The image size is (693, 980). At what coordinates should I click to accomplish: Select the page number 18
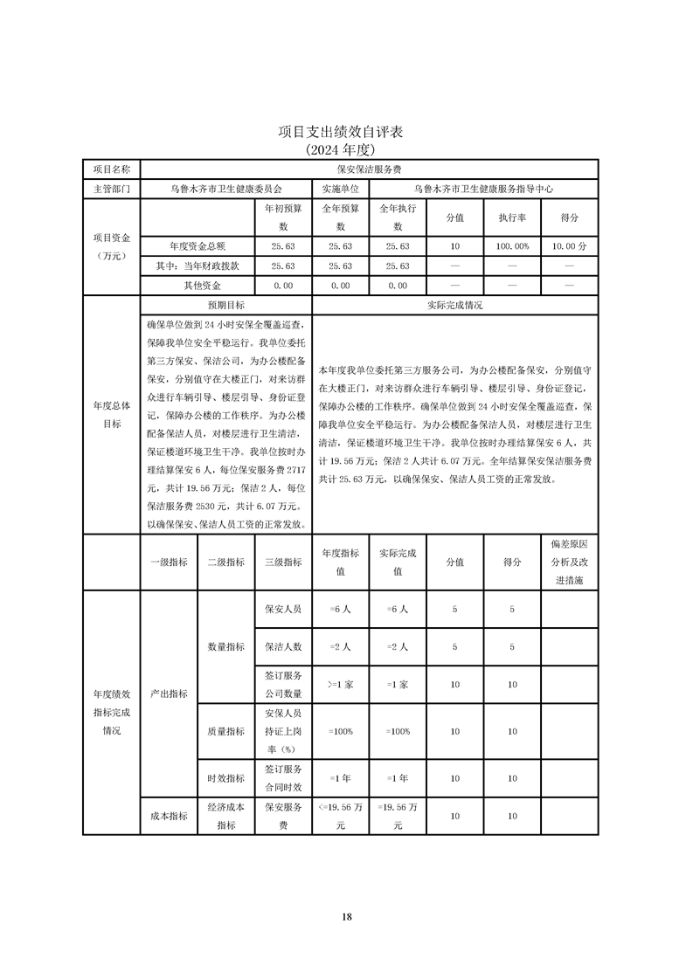pyautogui.click(x=347, y=916)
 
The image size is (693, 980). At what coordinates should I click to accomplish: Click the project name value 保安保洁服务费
pyautogui.click(x=369, y=169)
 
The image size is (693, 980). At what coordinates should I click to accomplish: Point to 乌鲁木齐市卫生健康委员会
pyautogui.click(x=225, y=188)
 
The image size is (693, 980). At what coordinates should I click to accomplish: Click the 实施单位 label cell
pyautogui.click(x=340, y=188)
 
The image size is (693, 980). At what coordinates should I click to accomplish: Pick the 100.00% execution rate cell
pyautogui.click(x=513, y=246)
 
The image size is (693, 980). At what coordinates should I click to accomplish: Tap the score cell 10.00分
pyautogui.click(x=570, y=246)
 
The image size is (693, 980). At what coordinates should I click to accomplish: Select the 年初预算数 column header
pyautogui.click(x=282, y=217)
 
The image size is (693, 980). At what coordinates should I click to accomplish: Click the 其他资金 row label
pyautogui.click(x=197, y=285)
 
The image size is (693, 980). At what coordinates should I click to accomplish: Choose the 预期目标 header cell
pyautogui.click(x=225, y=306)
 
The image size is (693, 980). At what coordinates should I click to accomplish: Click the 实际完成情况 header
pyautogui.click(x=454, y=306)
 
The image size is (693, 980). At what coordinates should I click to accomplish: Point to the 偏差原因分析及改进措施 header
pyautogui.click(x=570, y=562)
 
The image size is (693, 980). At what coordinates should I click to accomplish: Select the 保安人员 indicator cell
pyautogui.click(x=282, y=609)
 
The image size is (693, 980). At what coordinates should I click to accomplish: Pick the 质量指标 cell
pyautogui.click(x=225, y=731)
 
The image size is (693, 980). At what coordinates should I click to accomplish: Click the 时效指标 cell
pyautogui.click(x=225, y=777)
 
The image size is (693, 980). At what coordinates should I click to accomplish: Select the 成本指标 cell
pyautogui.click(x=169, y=816)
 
